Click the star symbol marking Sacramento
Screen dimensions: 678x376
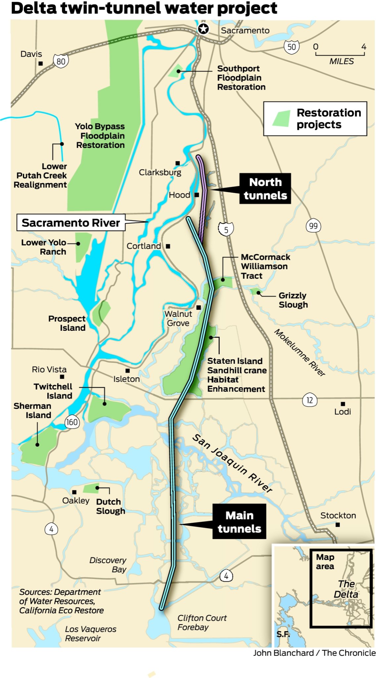203,29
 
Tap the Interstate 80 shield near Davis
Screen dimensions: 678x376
61,61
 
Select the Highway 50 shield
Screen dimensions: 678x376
291,47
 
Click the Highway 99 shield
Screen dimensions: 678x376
313,226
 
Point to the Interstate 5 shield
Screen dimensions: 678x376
226,229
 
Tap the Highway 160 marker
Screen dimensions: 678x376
72,422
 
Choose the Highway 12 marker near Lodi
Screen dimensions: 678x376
309,400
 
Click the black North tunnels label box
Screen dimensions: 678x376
265,188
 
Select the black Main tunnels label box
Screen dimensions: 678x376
239,522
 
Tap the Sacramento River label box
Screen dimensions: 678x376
71,222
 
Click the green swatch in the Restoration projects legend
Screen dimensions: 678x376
281,119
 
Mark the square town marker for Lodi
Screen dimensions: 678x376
343,404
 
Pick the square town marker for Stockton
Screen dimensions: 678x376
338,524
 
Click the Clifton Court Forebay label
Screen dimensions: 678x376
202,622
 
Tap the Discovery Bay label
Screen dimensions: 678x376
108,564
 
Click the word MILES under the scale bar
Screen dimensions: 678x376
341,61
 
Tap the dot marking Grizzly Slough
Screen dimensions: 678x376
258,293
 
